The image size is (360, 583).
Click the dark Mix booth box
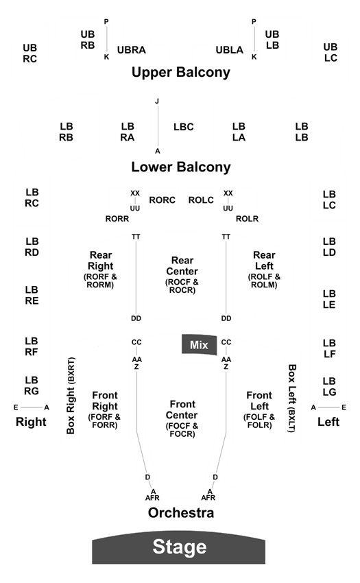pyautogui.click(x=199, y=345)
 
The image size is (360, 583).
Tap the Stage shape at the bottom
pyautogui.click(x=179, y=547)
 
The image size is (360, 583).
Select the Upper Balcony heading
pyautogui.click(x=181, y=72)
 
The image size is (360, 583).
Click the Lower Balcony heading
pyautogui.click(x=181, y=167)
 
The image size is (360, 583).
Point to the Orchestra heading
pyautogui.click(x=181, y=513)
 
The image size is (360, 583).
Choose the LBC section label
pyautogui.click(x=184, y=127)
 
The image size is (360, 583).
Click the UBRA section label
pyautogui.click(x=131, y=50)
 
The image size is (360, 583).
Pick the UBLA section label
pyautogui.click(x=230, y=50)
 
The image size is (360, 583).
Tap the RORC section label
pyautogui.click(x=162, y=200)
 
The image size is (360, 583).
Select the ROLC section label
pyautogui.click(x=201, y=200)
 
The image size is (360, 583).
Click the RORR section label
pyautogui.click(x=117, y=219)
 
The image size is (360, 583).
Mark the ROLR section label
pyautogui.click(x=247, y=219)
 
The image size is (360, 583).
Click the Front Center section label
pyautogui.click(x=182, y=418)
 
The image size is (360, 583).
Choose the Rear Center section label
pyautogui.click(x=182, y=275)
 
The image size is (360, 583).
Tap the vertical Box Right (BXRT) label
pyautogui.click(x=71, y=396)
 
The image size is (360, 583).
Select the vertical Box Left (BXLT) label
pyautogui.click(x=292, y=398)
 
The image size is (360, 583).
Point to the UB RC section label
pyautogui.click(x=29, y=53)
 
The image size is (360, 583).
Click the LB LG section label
pyautogui.click(x=329, y=386)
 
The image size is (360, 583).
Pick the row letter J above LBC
pyautogui.click(x=157, y=101)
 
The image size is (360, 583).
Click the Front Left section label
pyautogui.click(x=259, y=409)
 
